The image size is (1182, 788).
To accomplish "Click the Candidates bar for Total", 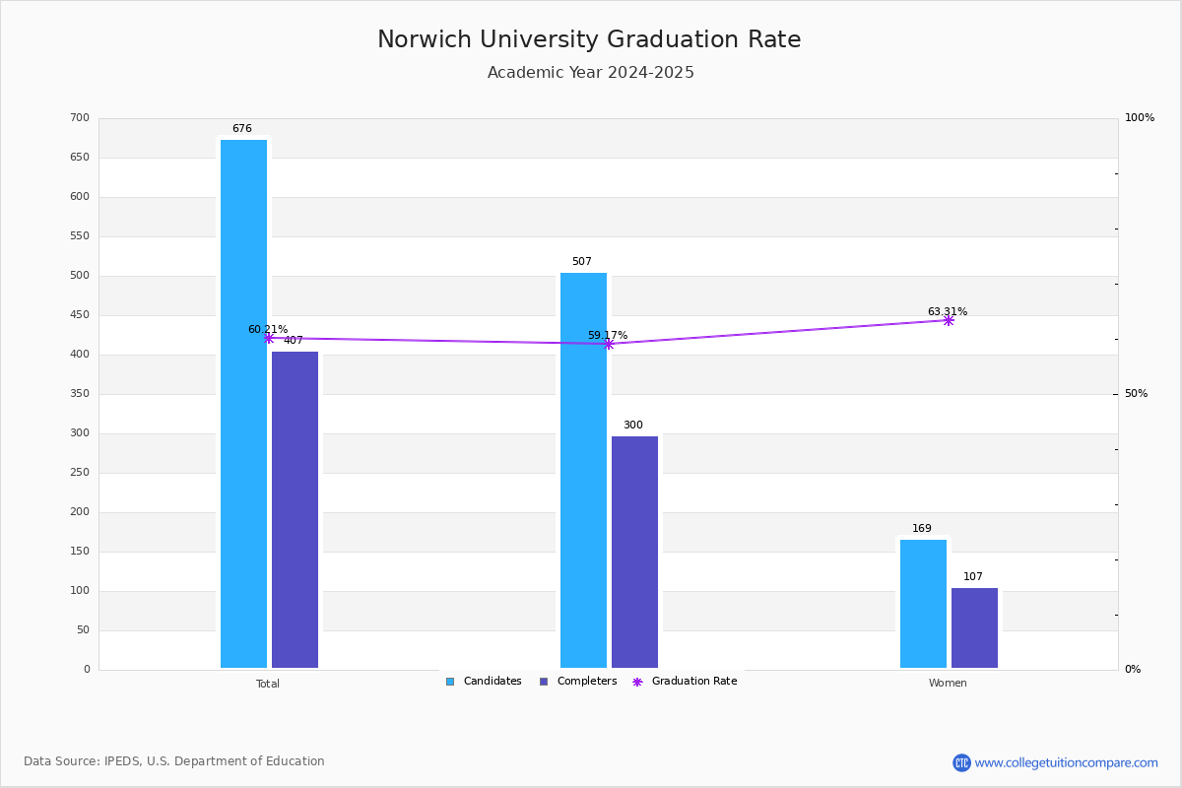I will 243,404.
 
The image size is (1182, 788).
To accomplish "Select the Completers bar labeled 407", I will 295,509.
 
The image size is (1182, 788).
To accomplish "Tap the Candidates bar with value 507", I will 583,470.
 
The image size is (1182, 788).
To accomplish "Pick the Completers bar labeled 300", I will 634,552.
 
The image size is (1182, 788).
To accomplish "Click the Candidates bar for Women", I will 923,603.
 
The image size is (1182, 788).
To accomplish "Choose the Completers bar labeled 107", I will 974,627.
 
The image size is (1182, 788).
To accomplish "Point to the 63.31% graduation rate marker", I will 948,320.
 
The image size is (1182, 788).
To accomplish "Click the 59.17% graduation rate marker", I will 608,344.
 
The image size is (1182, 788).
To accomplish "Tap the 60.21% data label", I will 267,329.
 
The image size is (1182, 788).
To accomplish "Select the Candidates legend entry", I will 484,682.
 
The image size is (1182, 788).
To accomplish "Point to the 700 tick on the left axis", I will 80,118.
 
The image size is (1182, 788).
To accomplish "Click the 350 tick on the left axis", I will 80,394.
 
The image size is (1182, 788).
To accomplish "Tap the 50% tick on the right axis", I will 1136,394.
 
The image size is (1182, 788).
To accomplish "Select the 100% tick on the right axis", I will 1139,118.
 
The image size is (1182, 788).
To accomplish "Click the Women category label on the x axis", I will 948,684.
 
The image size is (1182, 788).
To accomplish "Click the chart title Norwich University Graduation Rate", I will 589,39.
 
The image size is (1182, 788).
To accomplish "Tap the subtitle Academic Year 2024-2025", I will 591,73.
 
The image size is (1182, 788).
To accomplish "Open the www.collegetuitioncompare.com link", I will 1066,762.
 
